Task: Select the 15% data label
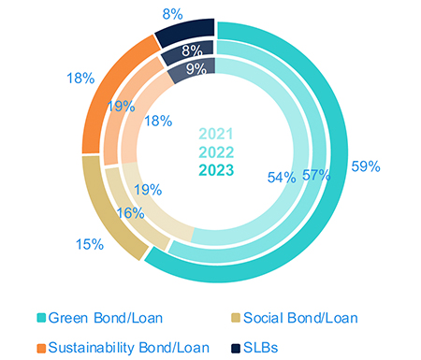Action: [92, 244]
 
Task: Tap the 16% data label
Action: [130, 213]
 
